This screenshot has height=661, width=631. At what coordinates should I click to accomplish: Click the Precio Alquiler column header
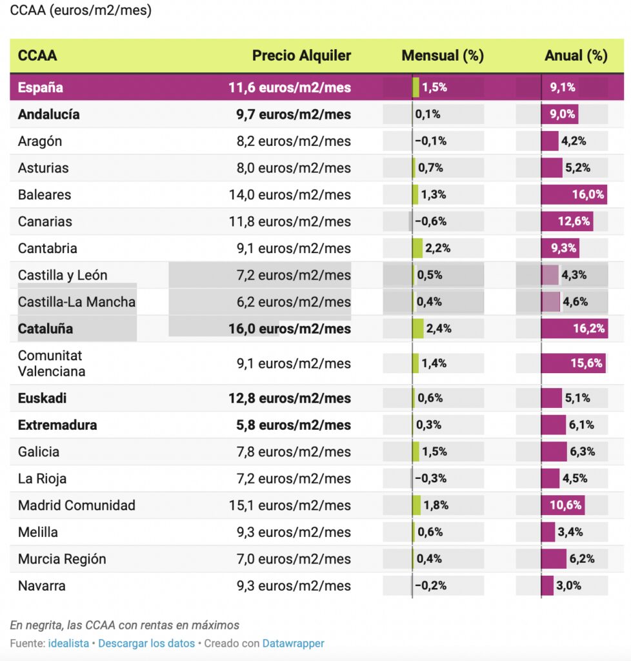coord(301,56)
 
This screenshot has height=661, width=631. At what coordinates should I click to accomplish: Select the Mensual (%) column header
coord(442,56)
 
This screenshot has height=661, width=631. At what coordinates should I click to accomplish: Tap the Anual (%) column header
coord(576,56)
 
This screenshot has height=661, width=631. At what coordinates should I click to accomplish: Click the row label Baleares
coord(45,195)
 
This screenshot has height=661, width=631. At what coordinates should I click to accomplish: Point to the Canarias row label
coord(45,221)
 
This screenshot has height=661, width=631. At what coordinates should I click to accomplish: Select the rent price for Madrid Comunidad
coord(290,505)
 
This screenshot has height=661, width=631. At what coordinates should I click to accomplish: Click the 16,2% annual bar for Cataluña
coord(574,329)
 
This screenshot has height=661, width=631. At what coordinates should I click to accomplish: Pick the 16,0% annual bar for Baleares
coord(574,195)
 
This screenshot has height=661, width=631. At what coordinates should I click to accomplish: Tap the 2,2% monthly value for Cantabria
coord(437,249)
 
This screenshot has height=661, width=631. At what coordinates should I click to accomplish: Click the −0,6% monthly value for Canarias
coord(430,221)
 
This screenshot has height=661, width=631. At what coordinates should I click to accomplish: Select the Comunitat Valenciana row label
coord(52,363)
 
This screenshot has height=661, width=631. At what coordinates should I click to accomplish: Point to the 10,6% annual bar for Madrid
coord(563,505)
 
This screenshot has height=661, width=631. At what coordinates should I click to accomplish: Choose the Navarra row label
coord(42,586)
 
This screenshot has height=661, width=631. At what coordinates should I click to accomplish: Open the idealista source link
coord(68,644)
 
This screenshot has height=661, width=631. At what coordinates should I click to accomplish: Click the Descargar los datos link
coord(146,644)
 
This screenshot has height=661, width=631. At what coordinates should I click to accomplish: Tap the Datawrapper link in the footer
coord(293,644)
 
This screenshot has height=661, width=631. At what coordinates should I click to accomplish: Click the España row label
coord(40,88)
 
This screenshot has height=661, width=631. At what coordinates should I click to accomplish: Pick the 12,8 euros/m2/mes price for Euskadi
coord(290,398)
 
